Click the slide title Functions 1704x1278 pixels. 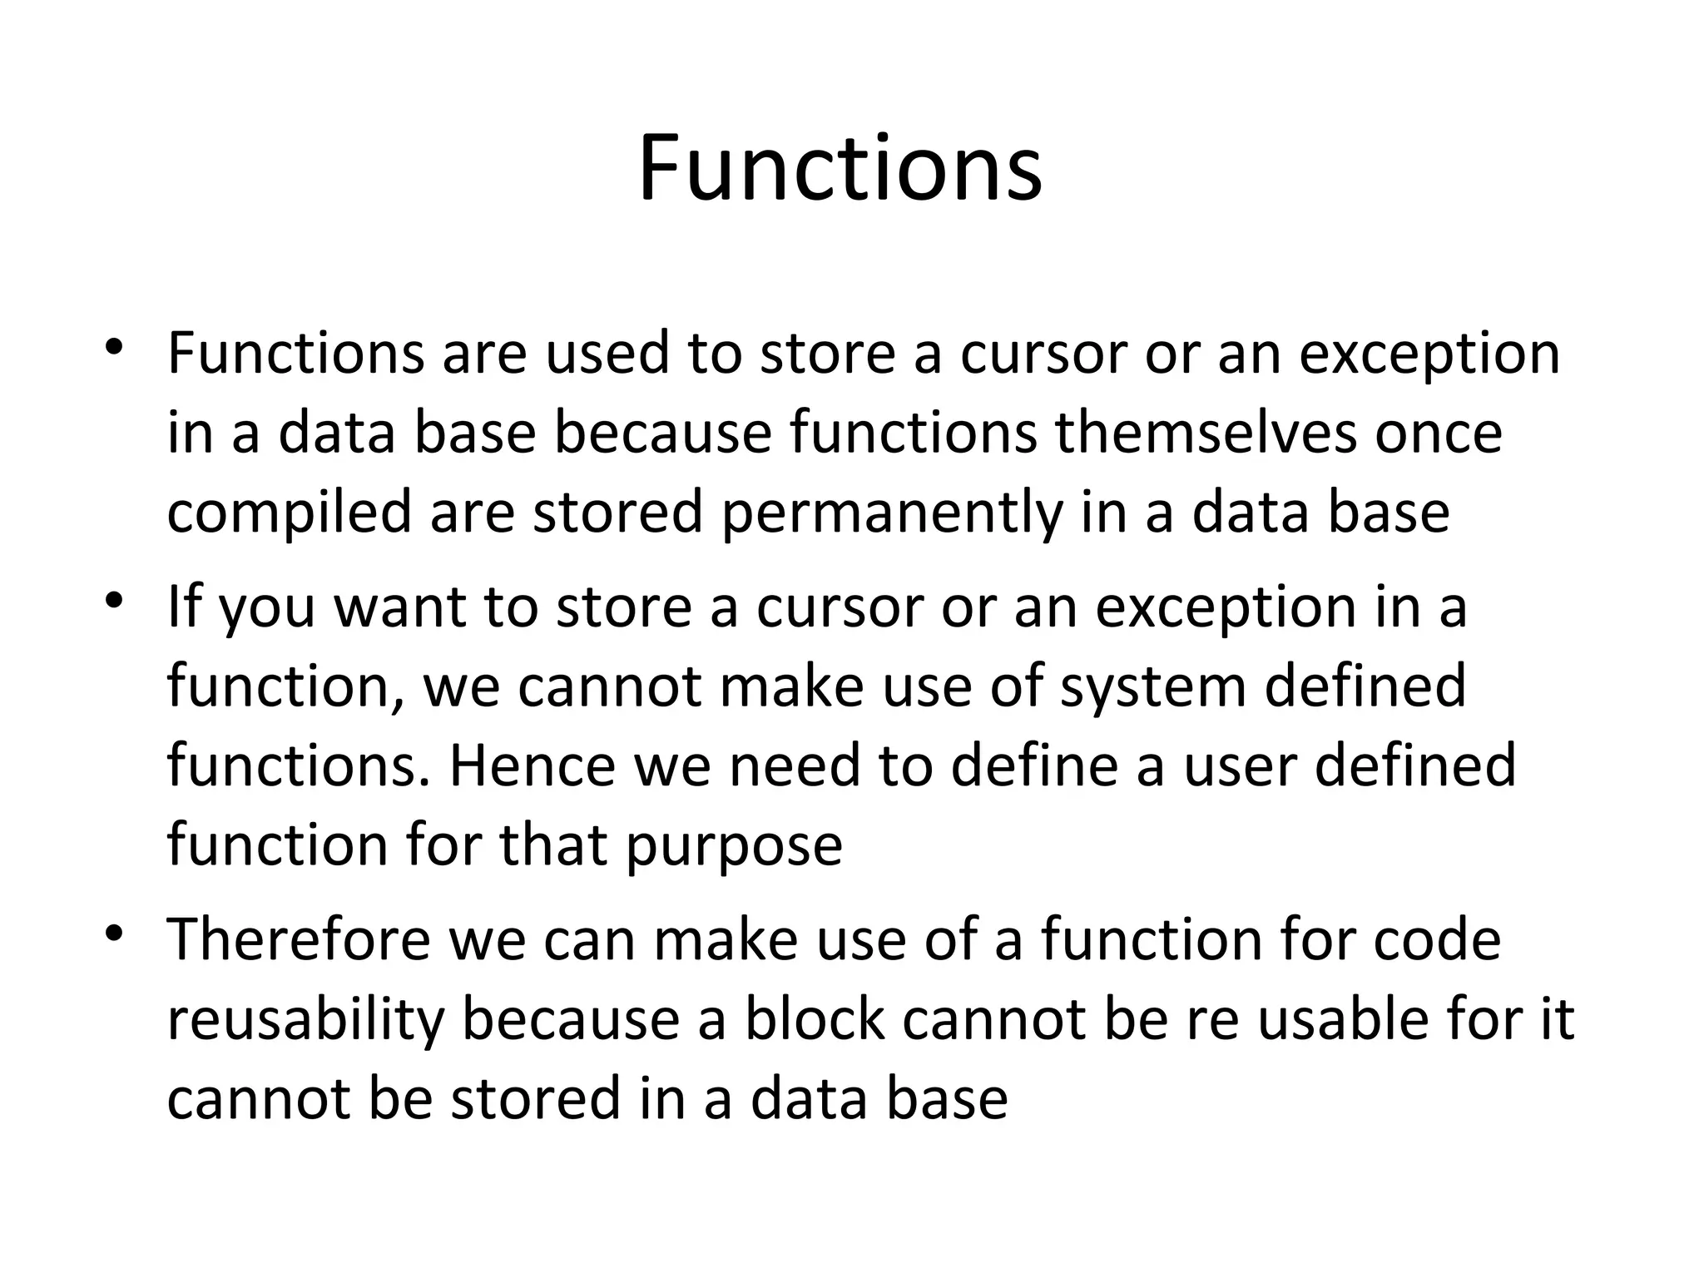pyautogui.click(x=840, y=170)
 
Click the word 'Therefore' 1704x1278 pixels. pyautogui.click(x=299, y=939)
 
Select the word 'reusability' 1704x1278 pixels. pyautogui.click(x=305, y=1021)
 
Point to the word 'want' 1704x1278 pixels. pyautogui.click(x=399, y=607)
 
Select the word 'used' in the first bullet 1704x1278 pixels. pyautogui.click(x=607, y=354)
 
